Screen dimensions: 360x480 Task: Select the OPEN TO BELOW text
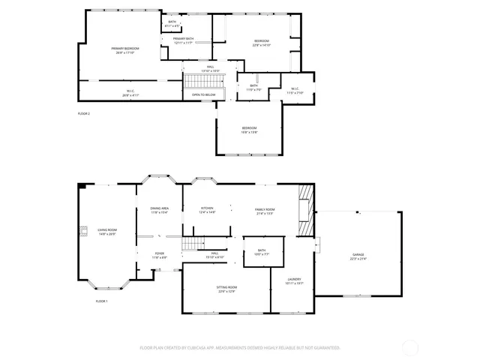(204, 94)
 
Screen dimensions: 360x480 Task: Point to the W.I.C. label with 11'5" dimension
(295, 90)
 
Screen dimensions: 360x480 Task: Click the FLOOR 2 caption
(84, 113)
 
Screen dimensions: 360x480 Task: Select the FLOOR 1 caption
(101, 301)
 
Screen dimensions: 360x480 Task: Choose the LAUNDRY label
(294, 280)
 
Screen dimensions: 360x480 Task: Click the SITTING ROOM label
(227, 289)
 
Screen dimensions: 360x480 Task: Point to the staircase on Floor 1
(193, 243)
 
